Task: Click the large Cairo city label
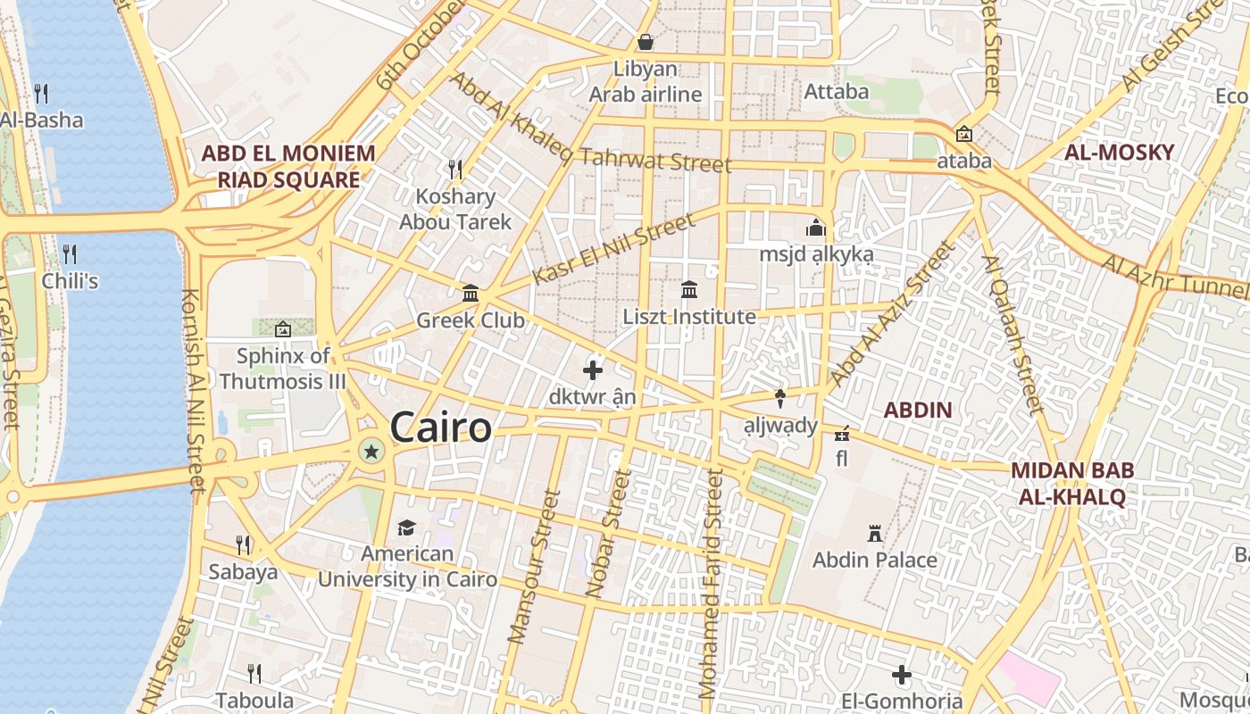click(441, 428)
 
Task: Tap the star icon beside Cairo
click(371, 452)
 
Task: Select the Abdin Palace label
click(875, 560)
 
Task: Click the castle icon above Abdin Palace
click(875, 534)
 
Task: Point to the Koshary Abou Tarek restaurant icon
click(455, 169)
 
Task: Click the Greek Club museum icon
click(471, 293)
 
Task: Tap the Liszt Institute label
click(688, 317)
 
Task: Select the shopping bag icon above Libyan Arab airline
click(646, 42)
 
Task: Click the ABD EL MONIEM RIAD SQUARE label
click(287, 167)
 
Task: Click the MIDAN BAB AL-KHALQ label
click(1071, 484)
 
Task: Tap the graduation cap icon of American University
click(407, 527)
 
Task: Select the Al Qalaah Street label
click(1012, 335)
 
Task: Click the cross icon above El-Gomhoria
click(902, 675)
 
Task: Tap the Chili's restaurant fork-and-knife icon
click(70, 253)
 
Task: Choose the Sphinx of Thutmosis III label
click(282, 369)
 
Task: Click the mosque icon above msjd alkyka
click(815, 228)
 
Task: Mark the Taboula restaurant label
click(254, 701)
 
